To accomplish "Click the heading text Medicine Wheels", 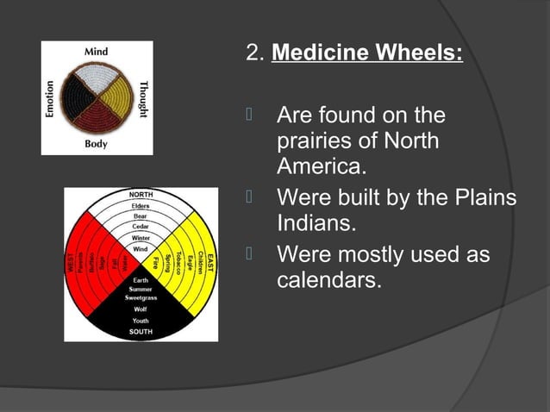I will (x=367, y=53).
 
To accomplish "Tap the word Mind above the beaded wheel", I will (x=96, y=52).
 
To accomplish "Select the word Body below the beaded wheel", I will (x=96, y=144).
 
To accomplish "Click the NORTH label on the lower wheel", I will (x=141, y=195).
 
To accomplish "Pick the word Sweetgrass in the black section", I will (x=141, y=297).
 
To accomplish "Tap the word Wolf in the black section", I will (x=141, y=309).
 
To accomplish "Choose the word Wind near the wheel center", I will (x=141, y=248).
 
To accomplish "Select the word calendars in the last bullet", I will (x=328, y=280).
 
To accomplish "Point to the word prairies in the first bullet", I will (x=313, y=139).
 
